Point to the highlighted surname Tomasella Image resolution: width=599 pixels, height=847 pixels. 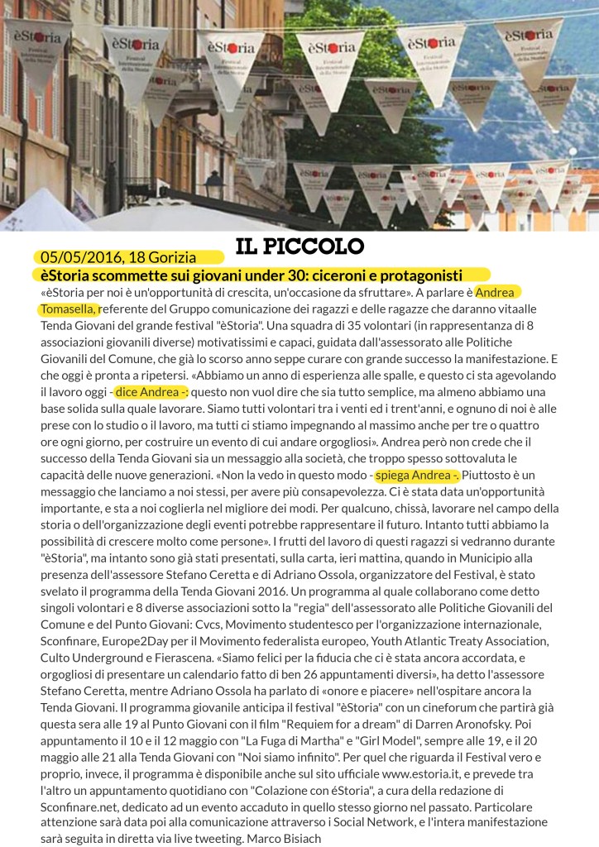69,309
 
